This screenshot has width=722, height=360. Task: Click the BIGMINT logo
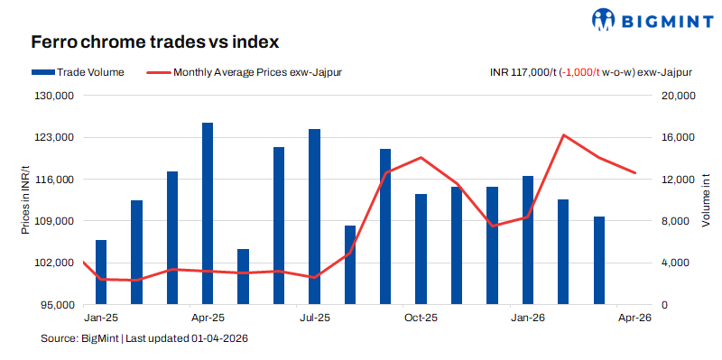pyautogui.click(x=643, y=19)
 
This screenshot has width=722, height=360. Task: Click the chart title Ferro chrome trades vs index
pyautogui.click(x=154, y=42)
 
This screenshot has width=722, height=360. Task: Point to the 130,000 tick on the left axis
pyautogui.click(x=57, y=96)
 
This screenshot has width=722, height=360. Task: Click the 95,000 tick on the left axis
pyautogui.click(x=60, y=305)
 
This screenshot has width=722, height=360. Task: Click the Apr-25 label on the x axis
pyautogui.click(x=208, y=318)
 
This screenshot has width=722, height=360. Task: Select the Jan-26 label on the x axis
pyautogui.click(x=528, y=318)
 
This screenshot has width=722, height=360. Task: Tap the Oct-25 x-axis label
pyautogui.click(x=421, y=318)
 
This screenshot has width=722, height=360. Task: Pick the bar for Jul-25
pyautogui.click(x=314, y=217)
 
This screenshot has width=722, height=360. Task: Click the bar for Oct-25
pyautogui.click(x=421, y=249)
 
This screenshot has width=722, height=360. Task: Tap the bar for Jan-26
pyautogui.click(x=528, y=240)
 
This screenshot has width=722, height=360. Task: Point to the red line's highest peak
pyautogui.click(x=563, y=135)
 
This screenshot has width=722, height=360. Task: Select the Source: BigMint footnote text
pyautogui.click(x=144, y=338)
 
